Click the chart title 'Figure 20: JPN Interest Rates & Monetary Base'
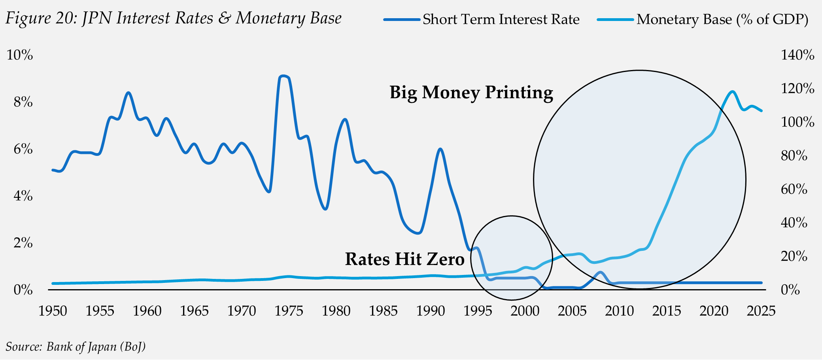coord(173,19)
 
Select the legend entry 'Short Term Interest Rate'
coord(501,19)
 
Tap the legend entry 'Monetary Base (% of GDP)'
coord(722,19)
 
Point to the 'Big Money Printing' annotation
coord(471,93)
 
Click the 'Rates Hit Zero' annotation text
coord(404,259)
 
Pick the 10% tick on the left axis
coord(20,55)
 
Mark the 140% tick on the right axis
coord(797,55)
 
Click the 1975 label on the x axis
coord(289,311)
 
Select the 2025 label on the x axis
coord(761,311)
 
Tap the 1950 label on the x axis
coord(53,311)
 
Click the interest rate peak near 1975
coord(283,76)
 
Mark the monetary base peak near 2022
coord(732,91)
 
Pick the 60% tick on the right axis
coord(794,189)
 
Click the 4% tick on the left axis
coord(23,196)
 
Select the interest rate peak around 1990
coord(440,149)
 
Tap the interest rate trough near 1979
coord(325,209)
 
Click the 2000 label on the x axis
coord(525,311)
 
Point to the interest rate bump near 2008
coord(600,272)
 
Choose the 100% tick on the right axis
coord(797,122)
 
